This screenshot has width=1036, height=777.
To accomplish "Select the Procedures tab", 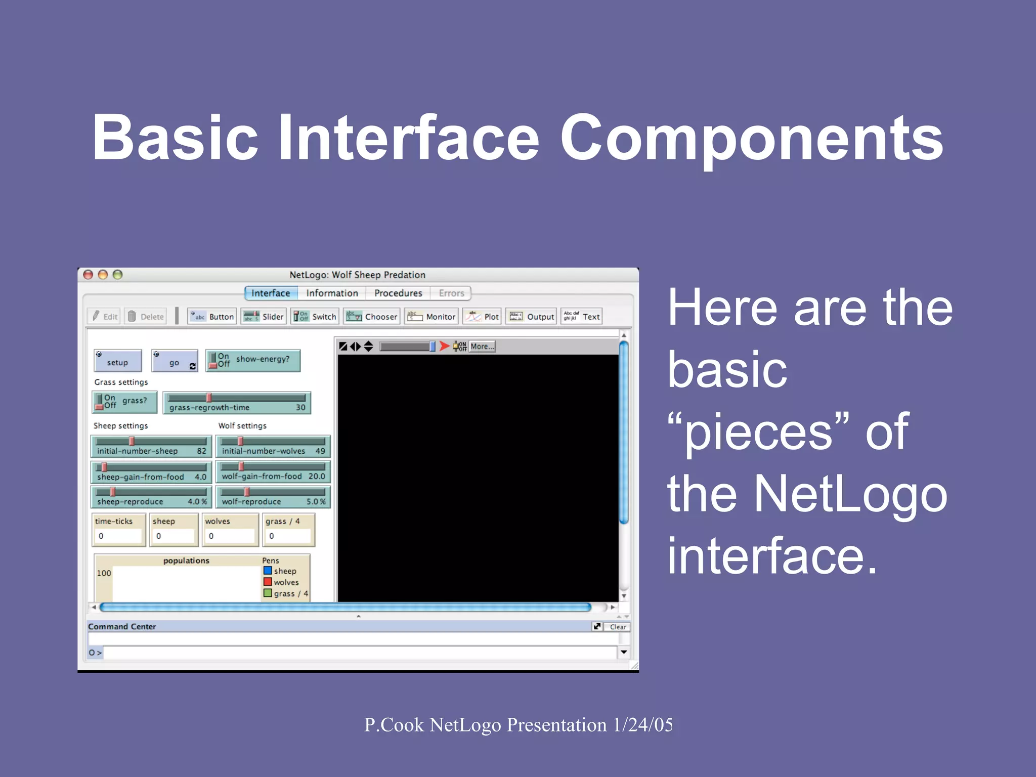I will (x=398, y=293).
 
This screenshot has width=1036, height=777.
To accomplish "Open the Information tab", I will (x=332, y=293).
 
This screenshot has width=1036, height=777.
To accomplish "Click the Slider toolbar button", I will (x=264, y=317).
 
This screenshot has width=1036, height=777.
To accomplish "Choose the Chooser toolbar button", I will (x=372, y=317).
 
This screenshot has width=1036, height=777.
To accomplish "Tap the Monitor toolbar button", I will (x=431, y=317).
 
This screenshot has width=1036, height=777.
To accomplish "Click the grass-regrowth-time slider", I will (x=237, y=403).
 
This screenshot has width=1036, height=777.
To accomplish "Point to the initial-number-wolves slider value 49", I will (x=320, y=451).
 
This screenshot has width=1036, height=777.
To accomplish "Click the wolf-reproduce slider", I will (x=273, y=496).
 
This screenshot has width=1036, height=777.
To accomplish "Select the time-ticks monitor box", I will (x=119, y=530).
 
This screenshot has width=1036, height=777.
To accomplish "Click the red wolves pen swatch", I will (x=268, y=582).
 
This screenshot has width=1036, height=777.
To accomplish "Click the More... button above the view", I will (x=482, y=347).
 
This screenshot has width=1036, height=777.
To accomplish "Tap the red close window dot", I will (x=88, y=275).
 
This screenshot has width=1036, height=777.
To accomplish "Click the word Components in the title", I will (x=751, y=138).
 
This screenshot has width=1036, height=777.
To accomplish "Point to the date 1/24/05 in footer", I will (x=643, y=725).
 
